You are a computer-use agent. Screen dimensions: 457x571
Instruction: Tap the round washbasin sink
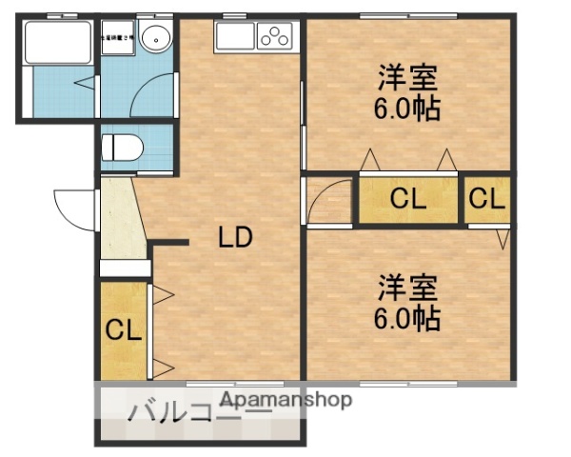[x=153, y=39]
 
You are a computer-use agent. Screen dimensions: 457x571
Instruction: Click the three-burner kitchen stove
[x=276, y=37]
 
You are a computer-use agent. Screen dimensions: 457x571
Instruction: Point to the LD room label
[x=235, y=238]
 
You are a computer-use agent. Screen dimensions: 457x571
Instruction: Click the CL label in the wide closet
[x=407, y=199]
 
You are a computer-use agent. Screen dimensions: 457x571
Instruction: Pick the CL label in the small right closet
[x=486, y=199]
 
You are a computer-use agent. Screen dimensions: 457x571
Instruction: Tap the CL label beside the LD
[x=124, y=330]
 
